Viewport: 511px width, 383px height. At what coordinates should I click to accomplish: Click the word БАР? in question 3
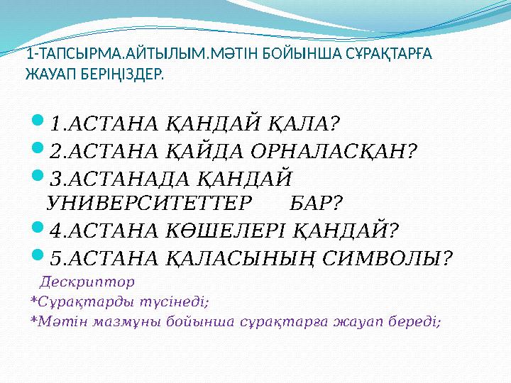pos(317,204)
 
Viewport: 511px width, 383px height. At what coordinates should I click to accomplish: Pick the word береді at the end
pos(414,321)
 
